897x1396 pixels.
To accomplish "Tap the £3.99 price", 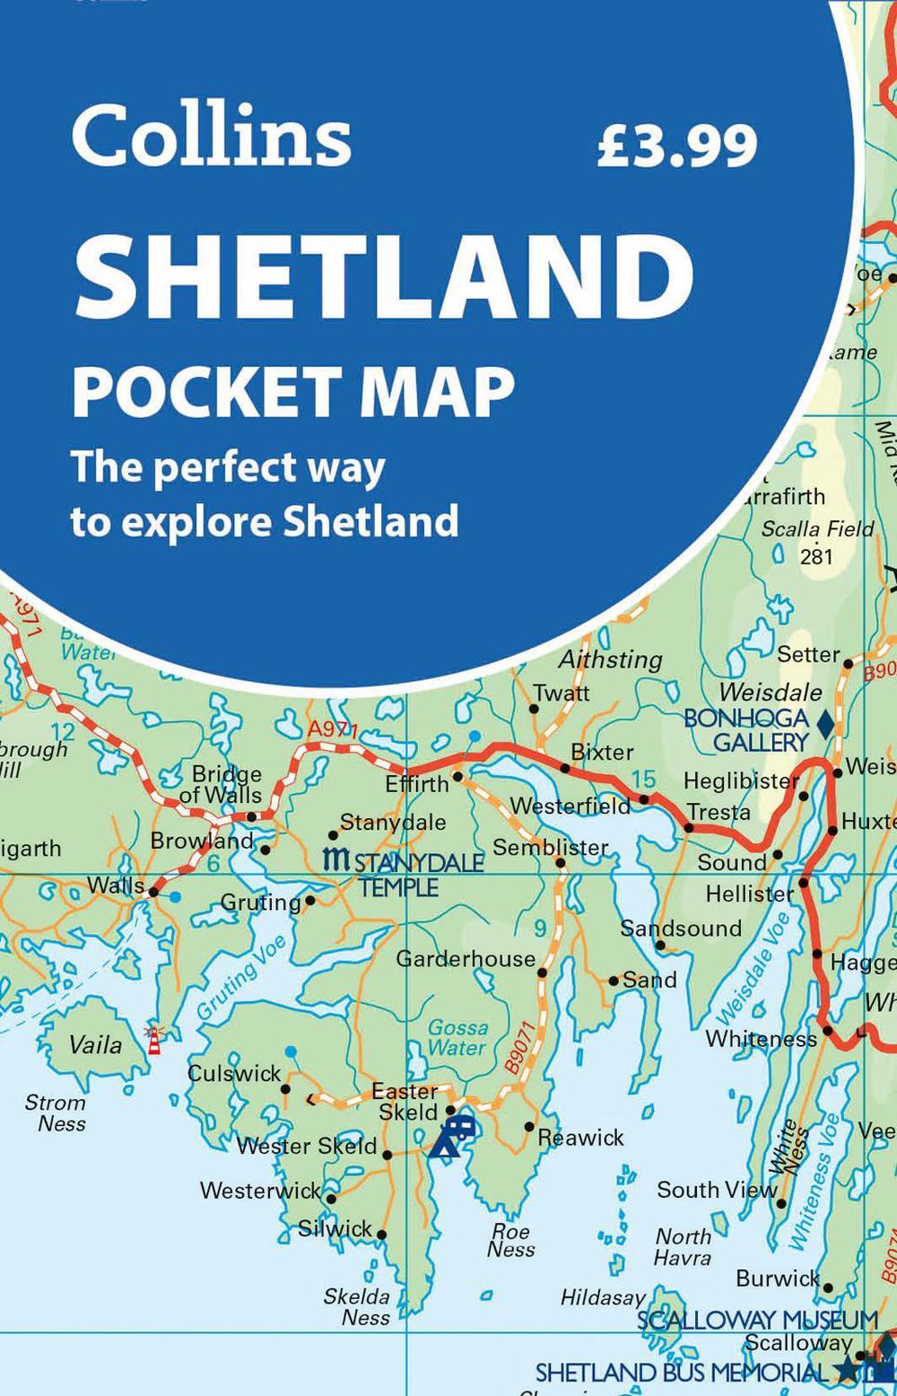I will (677, 146).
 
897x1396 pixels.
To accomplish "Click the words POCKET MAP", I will (293, 391).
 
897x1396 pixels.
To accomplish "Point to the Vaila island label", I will (96, 1045).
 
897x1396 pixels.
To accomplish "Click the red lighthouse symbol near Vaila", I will (154, 1040).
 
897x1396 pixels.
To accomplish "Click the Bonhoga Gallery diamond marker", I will (825, 725).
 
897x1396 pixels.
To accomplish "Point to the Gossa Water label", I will (457, 1037).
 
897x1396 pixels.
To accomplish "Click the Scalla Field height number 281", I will (816, 556).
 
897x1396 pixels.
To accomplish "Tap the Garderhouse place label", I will (466, 959).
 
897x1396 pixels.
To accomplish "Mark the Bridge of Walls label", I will (222, 784).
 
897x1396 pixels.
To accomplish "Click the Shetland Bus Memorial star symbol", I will (846, 1370).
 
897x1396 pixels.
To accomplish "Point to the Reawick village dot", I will (529, 1127).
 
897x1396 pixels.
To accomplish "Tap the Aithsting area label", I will (610, 659).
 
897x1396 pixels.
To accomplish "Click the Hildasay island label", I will (603, 1297).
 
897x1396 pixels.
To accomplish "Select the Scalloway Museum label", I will (757, 1320).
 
